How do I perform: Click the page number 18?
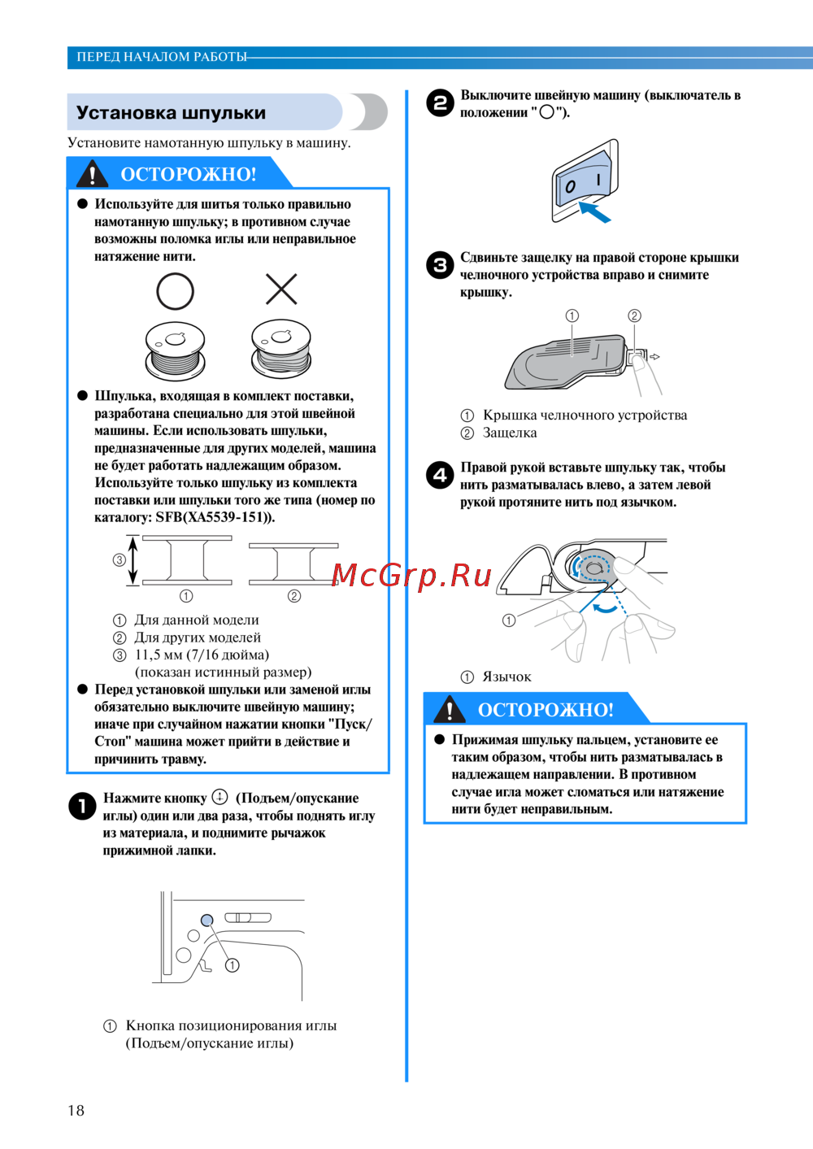click(x=76, y=1110)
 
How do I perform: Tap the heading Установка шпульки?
click(x=171, y=113)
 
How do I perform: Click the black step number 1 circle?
click(x=82, y=806)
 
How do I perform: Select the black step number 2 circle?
click(x=440, y=103)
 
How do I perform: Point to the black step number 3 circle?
click(x=440, y=265)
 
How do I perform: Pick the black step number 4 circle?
click(x=440, y=475)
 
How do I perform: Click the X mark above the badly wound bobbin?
click(x=281, y=289)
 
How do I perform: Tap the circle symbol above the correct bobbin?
click(x=175, y=290)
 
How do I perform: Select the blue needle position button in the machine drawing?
click(x=207, y=920)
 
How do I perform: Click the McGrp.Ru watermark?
click(x=411, y=575)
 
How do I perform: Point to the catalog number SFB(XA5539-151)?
click(x=215, y=517)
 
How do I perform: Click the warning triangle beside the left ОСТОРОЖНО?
click(x=92, y=174)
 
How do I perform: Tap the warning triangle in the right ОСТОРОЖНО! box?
click(x=450, y=710)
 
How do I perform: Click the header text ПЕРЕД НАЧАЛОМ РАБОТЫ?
click(x=161, y=57)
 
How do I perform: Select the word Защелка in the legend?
click(x=510, y=433)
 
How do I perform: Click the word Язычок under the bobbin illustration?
click(x=506, y=677)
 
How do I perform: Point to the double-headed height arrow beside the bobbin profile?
click(x=134, y=560)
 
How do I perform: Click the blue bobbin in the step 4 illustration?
click(x=589, y=567)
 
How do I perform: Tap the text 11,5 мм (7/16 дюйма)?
click(x=202, y=655)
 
